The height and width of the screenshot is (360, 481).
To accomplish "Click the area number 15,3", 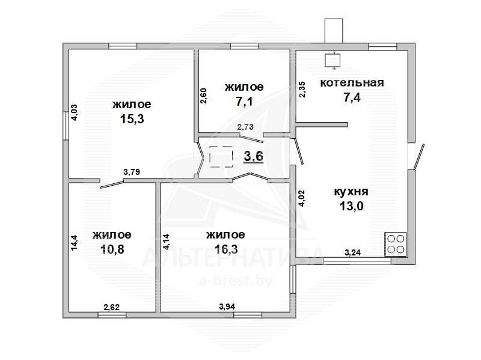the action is [x=132, y=118].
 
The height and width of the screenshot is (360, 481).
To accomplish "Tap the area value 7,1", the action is [x=244, y=101].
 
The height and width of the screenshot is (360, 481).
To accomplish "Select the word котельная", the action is [x=352, y=83].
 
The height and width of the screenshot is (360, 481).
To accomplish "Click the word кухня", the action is [x=351, y=192].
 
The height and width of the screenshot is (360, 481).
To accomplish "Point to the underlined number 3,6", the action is [x=253, y=157].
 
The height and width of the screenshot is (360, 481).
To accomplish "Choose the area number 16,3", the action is [x=226, y=249].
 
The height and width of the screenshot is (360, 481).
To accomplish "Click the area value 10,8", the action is [x=112, y=249].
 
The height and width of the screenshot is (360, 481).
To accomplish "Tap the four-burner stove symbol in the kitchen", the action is [x=396, y=244].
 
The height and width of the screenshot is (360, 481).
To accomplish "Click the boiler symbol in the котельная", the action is [x=332, y=59].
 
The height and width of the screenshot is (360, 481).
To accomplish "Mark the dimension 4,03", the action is [x=74, y=112].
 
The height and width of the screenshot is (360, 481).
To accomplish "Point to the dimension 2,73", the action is [x=245, y=127].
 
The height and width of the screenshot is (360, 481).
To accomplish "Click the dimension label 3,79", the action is [x=132, y=172].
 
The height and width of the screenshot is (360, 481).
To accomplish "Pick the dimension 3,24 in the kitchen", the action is [x=352, y=252].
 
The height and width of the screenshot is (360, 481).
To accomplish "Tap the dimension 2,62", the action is [x=111, y=307].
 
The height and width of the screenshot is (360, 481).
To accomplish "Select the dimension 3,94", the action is [x=227, y=307].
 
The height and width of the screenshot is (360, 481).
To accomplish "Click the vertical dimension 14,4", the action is [x=74, y=243].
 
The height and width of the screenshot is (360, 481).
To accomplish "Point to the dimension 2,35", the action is [x=302, y=89].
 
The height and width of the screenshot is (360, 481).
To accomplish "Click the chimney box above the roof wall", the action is [x=334, y=31].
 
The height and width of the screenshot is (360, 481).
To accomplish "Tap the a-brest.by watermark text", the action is [x=236, y=281].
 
